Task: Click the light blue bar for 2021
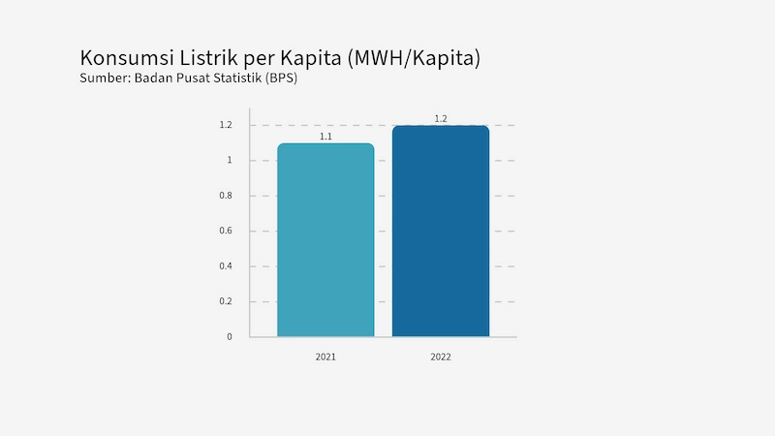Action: (x=325, y=240)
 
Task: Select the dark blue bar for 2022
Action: (x=441, y=232)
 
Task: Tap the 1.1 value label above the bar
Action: (x=325, y=137)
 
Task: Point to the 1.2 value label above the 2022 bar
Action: (x=441, y=118)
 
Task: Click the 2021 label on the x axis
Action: (x=325, y=357)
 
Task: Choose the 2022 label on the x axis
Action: (x=441, y=357)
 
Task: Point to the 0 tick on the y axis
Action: (x=230, y=336)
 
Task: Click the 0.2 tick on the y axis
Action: (x=226, y=301)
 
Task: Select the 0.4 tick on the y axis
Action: (x=226, y=265)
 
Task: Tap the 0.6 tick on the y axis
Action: (x=226, y=231)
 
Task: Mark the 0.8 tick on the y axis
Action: (x=226, y=196)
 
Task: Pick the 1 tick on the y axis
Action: (x=230, y=160)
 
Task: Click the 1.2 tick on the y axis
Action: (x=226, y=125)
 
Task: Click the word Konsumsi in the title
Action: (x=127, y=58)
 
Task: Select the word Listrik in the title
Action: (x=208, y=58)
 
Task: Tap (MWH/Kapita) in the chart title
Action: (x=414, y=58)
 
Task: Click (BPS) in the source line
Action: (x=281, y=78)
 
